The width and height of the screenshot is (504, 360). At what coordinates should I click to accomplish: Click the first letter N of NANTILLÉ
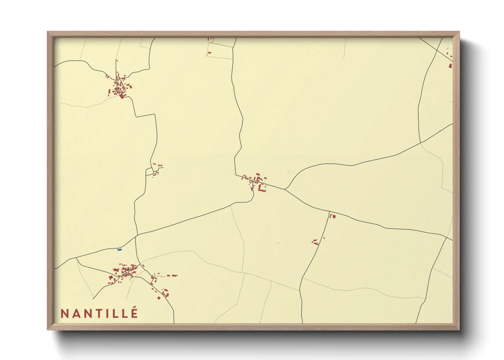click(63, 313)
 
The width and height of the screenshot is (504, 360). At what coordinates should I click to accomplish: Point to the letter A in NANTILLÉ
click(75, 313)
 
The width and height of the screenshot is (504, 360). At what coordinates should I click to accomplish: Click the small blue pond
click(120, 250)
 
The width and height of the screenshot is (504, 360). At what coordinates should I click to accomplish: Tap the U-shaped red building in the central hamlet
click(262, 187)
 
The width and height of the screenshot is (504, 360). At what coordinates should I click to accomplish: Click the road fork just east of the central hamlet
click(285, 189)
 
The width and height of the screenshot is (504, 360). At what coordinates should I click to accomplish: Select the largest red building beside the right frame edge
click(451, 66)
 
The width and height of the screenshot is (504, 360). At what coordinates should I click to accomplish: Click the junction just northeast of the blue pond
click(136, 235)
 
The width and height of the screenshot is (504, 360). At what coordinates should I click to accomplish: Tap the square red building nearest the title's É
click(159, 298)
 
